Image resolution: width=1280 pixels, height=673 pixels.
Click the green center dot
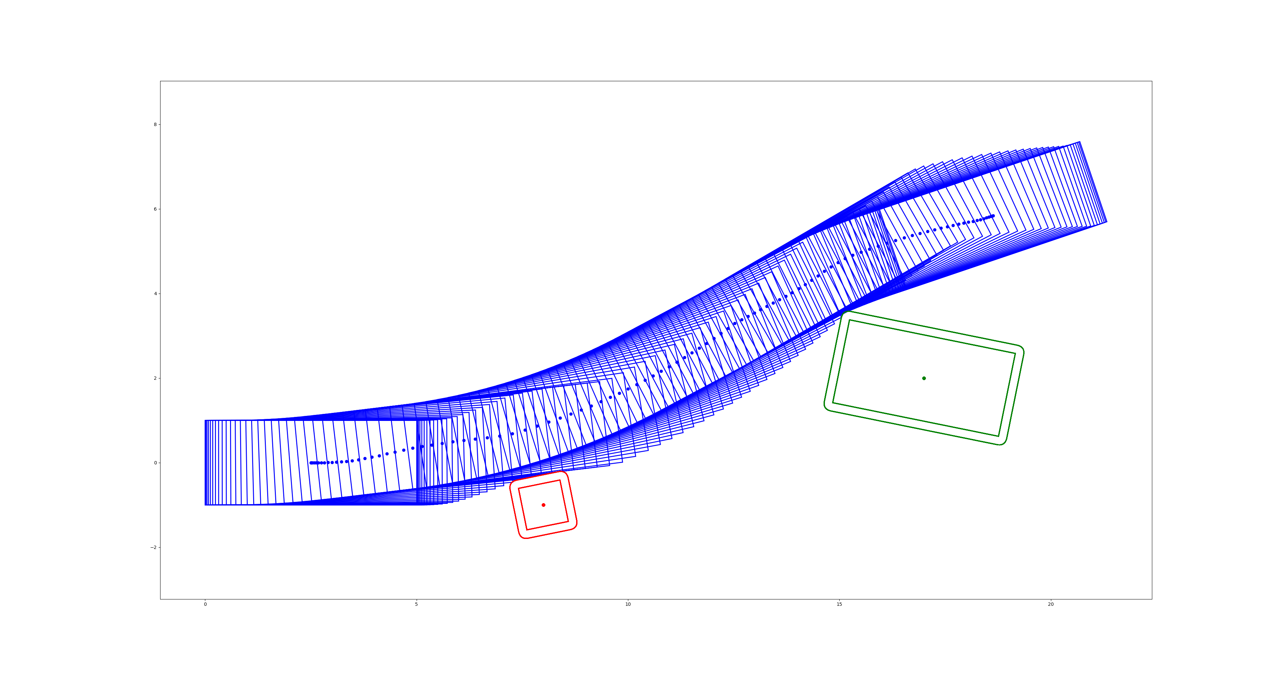924,378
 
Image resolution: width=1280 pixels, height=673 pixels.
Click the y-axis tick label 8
155,125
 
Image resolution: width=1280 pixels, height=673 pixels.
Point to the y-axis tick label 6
155,209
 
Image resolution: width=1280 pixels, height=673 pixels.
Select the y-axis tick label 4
155,294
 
